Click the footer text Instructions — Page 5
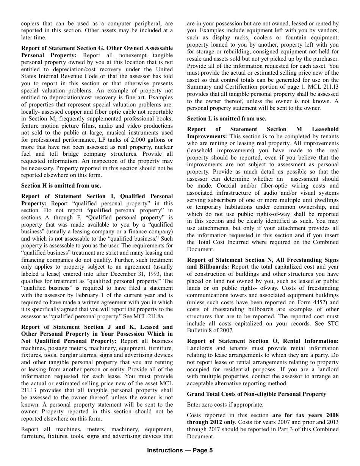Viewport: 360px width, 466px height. pos(180,450)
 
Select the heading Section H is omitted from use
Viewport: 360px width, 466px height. pos(61,186)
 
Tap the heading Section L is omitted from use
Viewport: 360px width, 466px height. pos(226,119)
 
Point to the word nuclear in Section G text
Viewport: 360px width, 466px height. pos(163,147)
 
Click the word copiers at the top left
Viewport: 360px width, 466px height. pos(30,23)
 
